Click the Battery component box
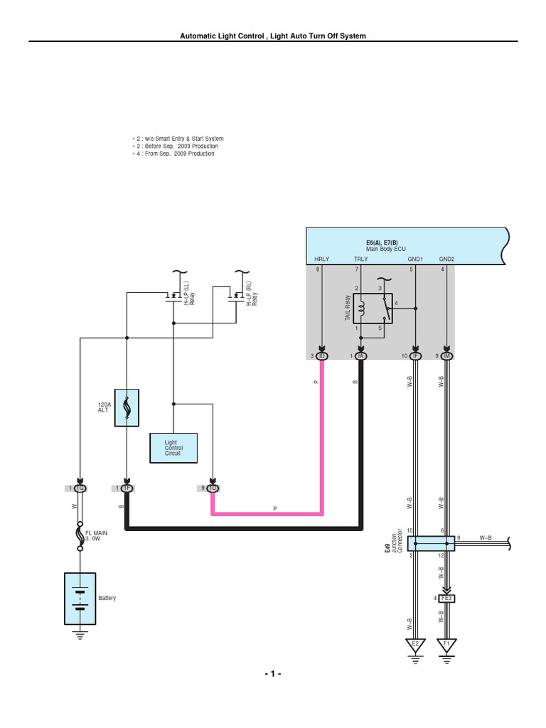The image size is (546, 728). [x=80, y=596]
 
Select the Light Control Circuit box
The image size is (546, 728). [x=173, y=448]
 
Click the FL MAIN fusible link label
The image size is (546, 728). [x=97, y=535]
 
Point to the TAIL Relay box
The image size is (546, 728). [x=373, y=309]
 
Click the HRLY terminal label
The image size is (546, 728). [x=321, y=259]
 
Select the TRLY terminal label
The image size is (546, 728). [x=360, y=259]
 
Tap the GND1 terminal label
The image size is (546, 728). [x=416, y=259]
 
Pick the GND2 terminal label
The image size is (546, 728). [x=446, y=259]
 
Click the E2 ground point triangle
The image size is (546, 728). [x=415, y=645]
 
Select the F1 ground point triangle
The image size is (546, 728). [x=446, y=645]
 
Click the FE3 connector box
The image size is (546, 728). [x=446, y=598]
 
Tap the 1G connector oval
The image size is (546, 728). [x=80, y=488]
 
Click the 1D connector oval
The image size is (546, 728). [x=212, y=488]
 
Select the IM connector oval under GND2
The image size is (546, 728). [x=446, y=355]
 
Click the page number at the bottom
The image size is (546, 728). [x=273, y=673]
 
